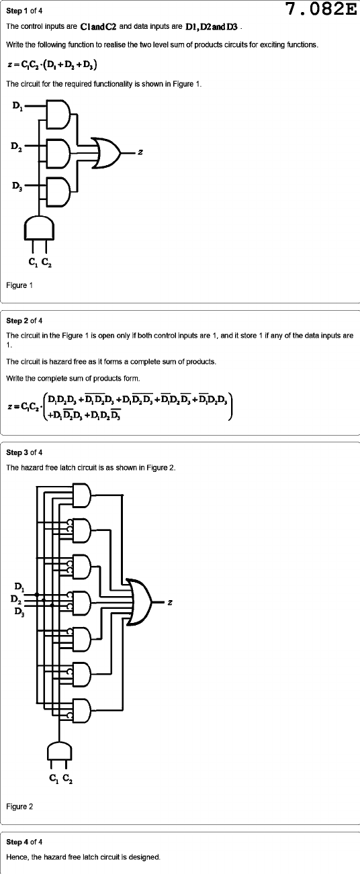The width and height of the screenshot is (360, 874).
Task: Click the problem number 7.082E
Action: coord(321,9)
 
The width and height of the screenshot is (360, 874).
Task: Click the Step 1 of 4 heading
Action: coord(24,11)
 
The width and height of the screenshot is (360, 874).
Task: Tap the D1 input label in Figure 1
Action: coord(17,106)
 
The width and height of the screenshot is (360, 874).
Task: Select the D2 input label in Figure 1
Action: coord(16,147)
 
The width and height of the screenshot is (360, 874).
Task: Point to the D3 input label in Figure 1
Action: coord(17,186)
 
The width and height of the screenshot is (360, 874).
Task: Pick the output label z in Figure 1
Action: coord(140,152)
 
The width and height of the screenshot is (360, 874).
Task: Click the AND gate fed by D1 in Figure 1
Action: coord(58,115)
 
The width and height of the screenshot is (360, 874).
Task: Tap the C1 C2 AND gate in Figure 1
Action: coord(39,228)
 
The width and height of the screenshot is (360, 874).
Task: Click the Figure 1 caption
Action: coord(19,285)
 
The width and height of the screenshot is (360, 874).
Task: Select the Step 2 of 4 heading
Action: coord(24,321)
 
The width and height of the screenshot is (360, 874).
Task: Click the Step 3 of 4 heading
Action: coord(24,452)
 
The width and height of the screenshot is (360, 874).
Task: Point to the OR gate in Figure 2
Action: coord(140,602)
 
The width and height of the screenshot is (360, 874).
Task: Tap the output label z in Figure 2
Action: coord(169,602)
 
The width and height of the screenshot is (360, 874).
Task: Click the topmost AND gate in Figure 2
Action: coord(82,495)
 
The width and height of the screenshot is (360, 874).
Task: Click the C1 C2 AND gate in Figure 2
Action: coord(59,751)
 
